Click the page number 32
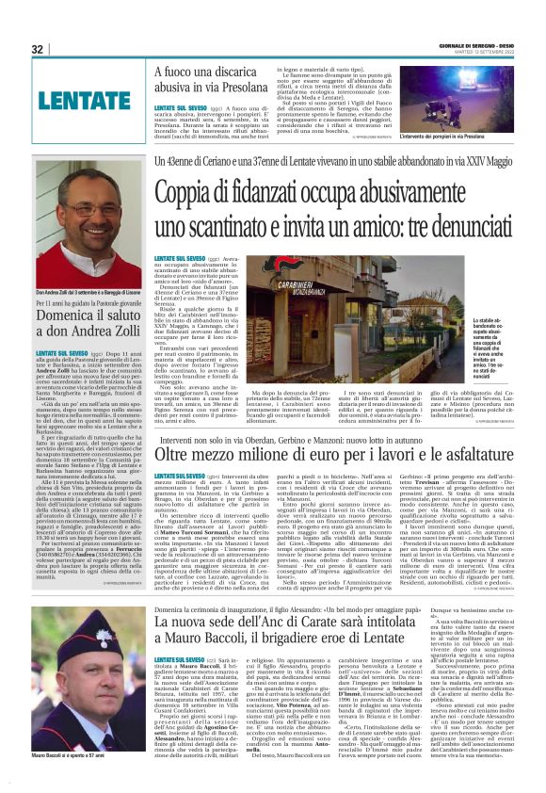(x=37, y=49)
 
